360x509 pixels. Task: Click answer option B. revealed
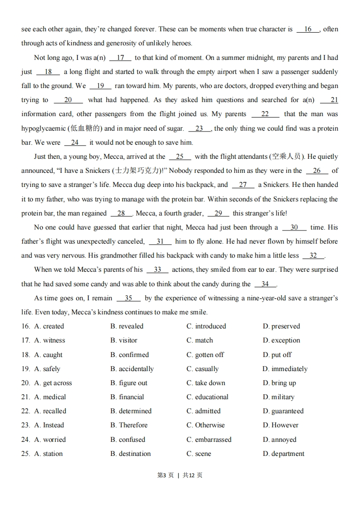(x=127, y=326)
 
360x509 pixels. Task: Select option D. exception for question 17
(x=281, y=340)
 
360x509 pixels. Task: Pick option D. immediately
(x=285, y=369)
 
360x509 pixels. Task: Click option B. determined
(x=131, y=411)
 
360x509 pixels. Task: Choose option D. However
(x=281, y=425)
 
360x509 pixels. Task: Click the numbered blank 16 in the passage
(x=308, y=29)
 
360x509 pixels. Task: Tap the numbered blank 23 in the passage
(x=199, y=129)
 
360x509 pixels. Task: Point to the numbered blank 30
(x=294, y=228)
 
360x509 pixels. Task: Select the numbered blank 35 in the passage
(x=128, y=299)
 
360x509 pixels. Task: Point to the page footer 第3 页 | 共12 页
(x=180, y=475)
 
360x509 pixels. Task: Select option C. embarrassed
(x=209, y=440)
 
